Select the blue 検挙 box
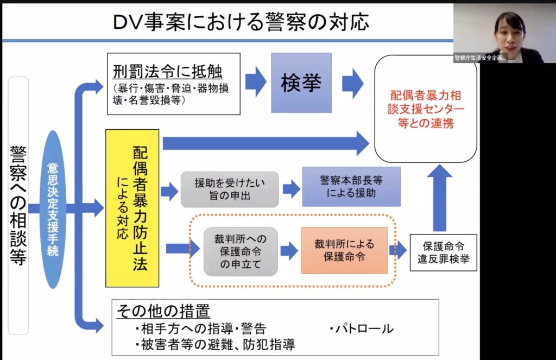point(301,83)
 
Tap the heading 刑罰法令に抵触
point(168,72)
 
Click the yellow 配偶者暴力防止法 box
point(132,207)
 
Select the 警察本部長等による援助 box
point(351,186)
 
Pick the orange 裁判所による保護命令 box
point(344,250)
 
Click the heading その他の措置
point(163,311)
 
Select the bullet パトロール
point(361,329)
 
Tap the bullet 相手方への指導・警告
point(200,329)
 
